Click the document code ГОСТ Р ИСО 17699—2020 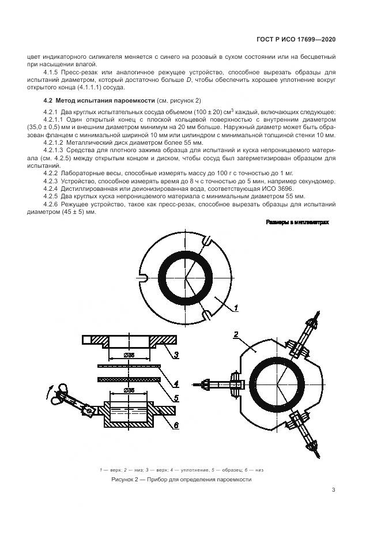pyautogui.click(x=296, y=40)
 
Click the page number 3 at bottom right pyautogui.click(x=333, y=491)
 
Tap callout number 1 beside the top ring pyautogui.click(x=236, y=309)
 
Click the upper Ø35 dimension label pyautogui.click(x=129, y=356)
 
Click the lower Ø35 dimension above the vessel pyautogui.click(x=129, y=391)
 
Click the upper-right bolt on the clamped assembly pyautogui.click(x=307, y=334)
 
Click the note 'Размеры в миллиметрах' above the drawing pyautogui.click(x=297, y=223)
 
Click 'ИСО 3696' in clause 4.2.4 pyautogui.click(x=280, y=189)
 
